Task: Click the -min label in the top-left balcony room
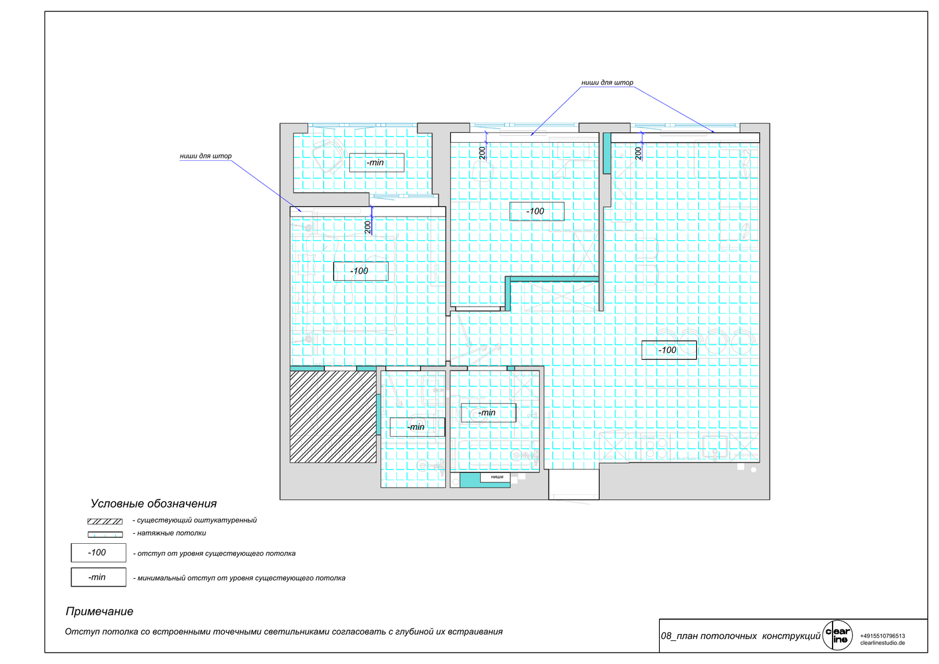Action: [x=377, y=163]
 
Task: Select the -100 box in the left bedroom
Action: [x=361, y=271]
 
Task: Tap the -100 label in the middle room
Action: [x=536, y=212]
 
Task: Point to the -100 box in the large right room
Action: [x=669, y=350]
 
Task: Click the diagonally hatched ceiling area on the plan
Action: [x=333, y=417]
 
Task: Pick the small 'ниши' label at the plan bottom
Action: [x=497, y=477]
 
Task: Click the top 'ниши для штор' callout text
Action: [x=607, y=83]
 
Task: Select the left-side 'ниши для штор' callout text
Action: [x=205, y=156]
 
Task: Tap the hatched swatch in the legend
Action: [x=105, y=521]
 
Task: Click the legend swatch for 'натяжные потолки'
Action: [x=105, y=534]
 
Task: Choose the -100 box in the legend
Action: [x=98, y=553]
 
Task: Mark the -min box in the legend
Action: [x=98, y=577]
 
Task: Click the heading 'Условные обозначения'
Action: [x=154, y=503]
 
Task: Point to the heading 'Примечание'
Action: [x=100, y=611]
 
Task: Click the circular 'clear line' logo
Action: [x=838, y=635]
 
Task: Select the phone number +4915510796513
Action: [x=883, y=636]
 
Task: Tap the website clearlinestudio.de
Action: [x=883, y=643]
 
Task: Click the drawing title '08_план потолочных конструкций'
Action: [x=741, y=636]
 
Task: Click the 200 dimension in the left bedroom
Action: [x=367, y=227]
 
